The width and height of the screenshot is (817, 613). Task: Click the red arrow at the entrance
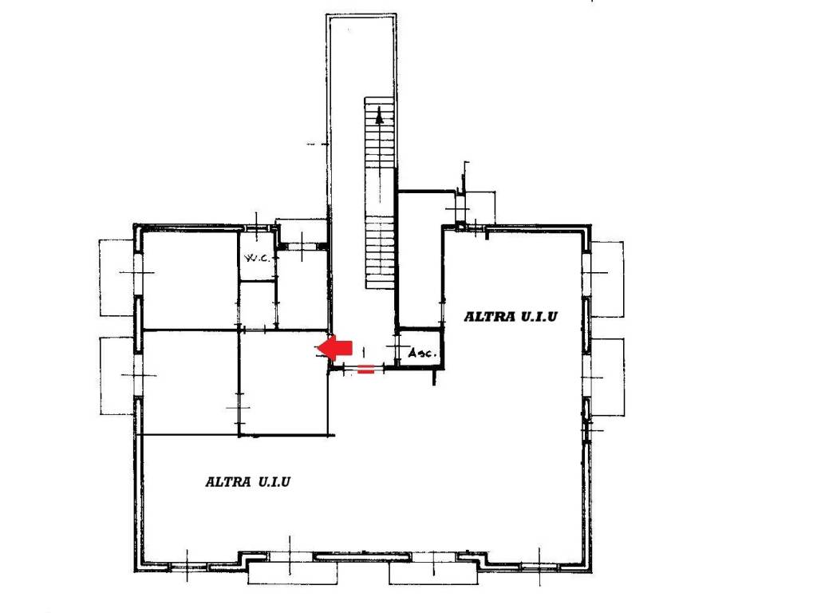(x=334, y=348)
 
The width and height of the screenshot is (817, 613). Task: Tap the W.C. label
(x=258, y=257)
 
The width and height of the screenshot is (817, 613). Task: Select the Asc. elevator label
(x=421, y=353)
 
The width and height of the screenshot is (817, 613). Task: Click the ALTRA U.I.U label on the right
(x=511, y=316)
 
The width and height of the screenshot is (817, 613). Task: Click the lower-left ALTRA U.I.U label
(x=247, y=481)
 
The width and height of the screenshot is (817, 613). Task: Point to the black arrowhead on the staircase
(x=379, y=116)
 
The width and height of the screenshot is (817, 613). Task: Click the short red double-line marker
(x=365, y=370)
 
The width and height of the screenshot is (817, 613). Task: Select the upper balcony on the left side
(x=117, y=277)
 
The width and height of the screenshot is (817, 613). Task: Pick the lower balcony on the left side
(x=118, y=376)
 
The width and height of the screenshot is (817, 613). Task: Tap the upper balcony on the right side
(x=607, y=279)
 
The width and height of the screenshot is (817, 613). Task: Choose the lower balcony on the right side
(x=607, y=377)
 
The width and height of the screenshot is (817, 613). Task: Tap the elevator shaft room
(x=420, y=348)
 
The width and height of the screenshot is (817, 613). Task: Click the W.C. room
(x=257, y=256)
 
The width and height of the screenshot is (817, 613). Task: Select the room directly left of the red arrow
(x=284, y=382)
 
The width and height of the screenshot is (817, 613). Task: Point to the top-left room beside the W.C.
(x=190, y=280)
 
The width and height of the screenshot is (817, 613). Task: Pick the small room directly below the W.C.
(x=257, y=305)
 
